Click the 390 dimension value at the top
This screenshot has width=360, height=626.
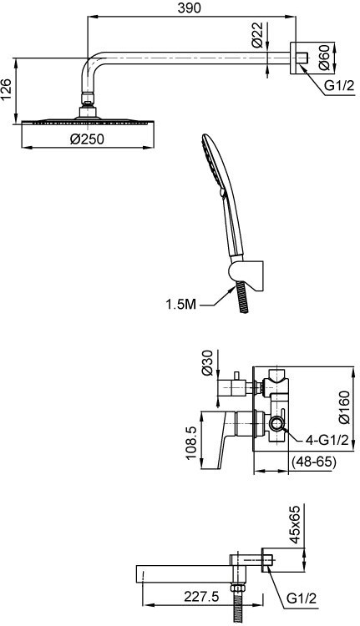pyautogui.click(x=189, y=8)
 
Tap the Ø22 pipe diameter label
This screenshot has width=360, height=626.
pyautogui.click(x=258, y=35)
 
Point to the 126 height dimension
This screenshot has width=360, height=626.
pyautogui.click(x=7, y=89)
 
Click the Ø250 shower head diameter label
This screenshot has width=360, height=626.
pyautogui.click(x=87, y=139)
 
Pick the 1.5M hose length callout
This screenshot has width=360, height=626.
pyautogui.click(x=181, y=305)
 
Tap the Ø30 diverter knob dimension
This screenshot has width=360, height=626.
pyautogui.click(x=208, y=363)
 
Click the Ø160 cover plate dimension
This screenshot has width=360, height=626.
pyautogui.click(x=343, y=407)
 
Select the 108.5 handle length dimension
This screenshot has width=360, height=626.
pyautogui.click(x=192, y=442)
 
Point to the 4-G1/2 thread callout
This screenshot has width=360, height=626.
pyautogui.click(x=327, y=440)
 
